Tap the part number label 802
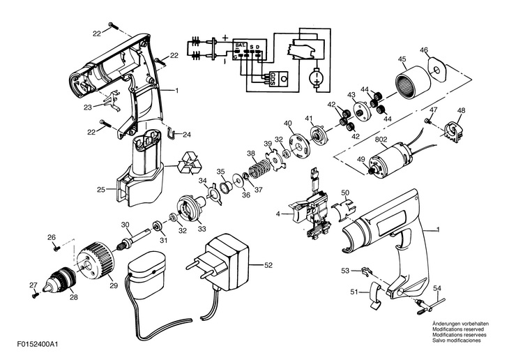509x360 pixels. (381, 140)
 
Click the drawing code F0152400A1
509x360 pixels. (38, 345)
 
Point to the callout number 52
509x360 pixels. (268, 265)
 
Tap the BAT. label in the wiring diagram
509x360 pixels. (241, 46)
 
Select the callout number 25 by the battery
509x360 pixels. (101, 189)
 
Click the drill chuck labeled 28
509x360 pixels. (60, 280)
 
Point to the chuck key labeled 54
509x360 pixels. (430, 305)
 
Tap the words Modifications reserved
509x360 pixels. (458, 329)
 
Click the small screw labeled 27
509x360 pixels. (35, 295)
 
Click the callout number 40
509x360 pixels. (288, 123)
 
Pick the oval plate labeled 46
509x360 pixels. (437, 70)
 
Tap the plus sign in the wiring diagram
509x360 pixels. (225, 38)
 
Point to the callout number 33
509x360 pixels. (202, 229)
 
